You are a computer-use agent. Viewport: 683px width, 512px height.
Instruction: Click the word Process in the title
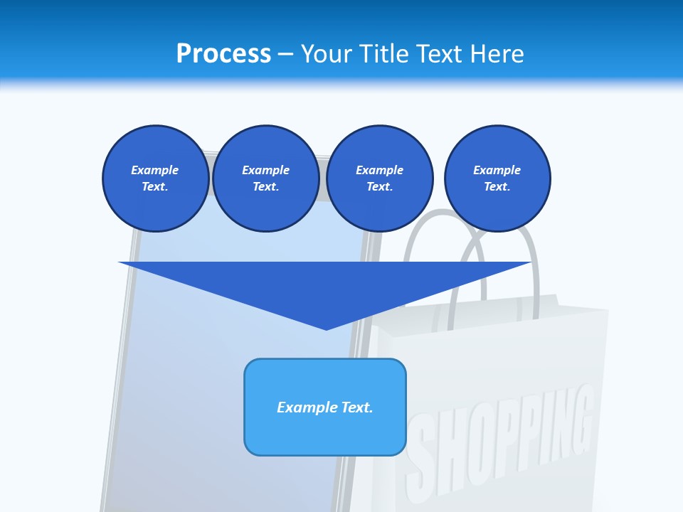[x=223, y=53]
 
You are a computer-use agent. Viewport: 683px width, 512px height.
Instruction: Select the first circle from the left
[x=155, y=178]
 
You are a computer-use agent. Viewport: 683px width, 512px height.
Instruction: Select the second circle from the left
[x=265, y=178]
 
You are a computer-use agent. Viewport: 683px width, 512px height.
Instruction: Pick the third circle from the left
[x=379, y=178]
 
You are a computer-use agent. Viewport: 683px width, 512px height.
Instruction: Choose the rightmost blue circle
[x=497, y=178]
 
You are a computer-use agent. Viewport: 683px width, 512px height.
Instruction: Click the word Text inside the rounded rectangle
[x=356, y=407]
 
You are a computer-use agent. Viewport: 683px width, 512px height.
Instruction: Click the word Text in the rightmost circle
[x=497, y=187]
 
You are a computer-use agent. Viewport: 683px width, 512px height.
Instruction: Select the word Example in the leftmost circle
[x=155, y=170]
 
